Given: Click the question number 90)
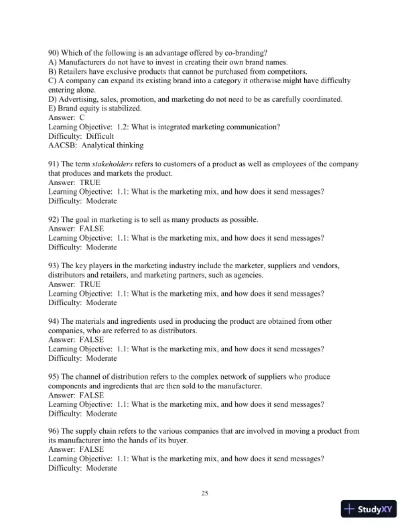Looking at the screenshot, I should point(54,53).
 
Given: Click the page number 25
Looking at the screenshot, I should point(205,493).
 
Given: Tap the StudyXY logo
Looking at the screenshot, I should point(368,510).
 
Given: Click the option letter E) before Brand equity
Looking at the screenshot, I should point(54,108).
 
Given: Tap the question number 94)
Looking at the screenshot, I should point(54,320).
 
